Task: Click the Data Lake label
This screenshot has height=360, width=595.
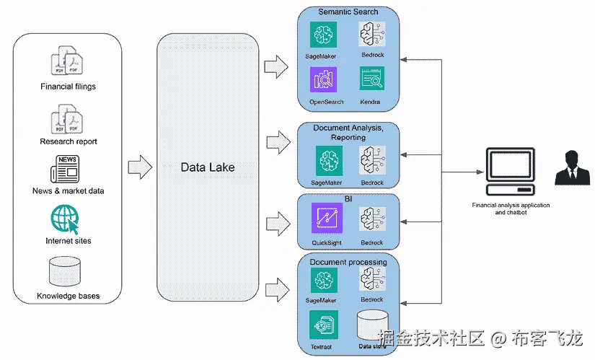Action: [x=208, y=167]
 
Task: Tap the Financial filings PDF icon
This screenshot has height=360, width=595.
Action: [x=67, y=61]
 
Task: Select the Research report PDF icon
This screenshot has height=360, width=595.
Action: [x=67, y=119]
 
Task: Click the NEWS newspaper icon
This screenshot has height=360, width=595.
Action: [x=65, y=169]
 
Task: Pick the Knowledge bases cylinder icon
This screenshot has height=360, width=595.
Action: [x=65, y=271]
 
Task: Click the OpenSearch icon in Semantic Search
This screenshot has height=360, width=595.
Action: [x=323, y=80]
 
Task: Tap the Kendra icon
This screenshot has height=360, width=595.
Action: [x=372, y=79]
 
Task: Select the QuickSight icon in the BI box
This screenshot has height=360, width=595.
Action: [x=327, y=218]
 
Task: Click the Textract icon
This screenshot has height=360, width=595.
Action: [x=324, y=325]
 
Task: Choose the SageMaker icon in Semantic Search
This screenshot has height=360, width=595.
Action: [x=323, y=35]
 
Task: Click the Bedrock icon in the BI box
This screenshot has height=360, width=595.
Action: [x=373, y=219]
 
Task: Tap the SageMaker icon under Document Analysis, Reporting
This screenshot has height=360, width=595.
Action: [x=329, y=161]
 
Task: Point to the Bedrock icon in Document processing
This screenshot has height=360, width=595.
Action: [x=373, y=278]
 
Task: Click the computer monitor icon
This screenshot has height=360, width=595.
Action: [x=511, y=171]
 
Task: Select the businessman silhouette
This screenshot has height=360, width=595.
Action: [x=572, y=167]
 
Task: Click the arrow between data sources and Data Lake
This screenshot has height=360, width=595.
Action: [x=140, y=167]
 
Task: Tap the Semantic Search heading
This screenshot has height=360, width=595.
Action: [x=348, y=12]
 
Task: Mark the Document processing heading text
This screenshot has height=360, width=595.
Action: [x=348, y=262]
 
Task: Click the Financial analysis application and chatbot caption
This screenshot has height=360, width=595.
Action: [x=511, y=208]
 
